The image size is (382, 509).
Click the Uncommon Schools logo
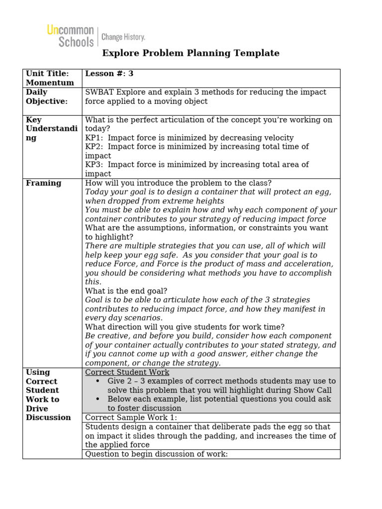tap(70, 36)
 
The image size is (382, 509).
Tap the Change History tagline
tap(123, 37)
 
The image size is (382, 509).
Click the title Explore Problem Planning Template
tap(191, 53)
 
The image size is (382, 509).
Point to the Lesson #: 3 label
tap(109, 74)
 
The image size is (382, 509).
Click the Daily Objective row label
tap(46, 97)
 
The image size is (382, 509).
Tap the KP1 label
tap(93, 138)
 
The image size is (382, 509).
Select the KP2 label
tap(93, 147)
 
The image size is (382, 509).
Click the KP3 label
tap(93, 165)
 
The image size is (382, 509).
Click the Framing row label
tap(44, 183)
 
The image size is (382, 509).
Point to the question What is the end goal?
tap(126, 291)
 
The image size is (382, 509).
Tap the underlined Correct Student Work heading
tap(127, 372)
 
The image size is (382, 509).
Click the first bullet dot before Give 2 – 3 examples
tap(98, 381)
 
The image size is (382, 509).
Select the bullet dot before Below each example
tap(98, 399)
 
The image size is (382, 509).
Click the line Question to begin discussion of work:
tap(156, 454)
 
